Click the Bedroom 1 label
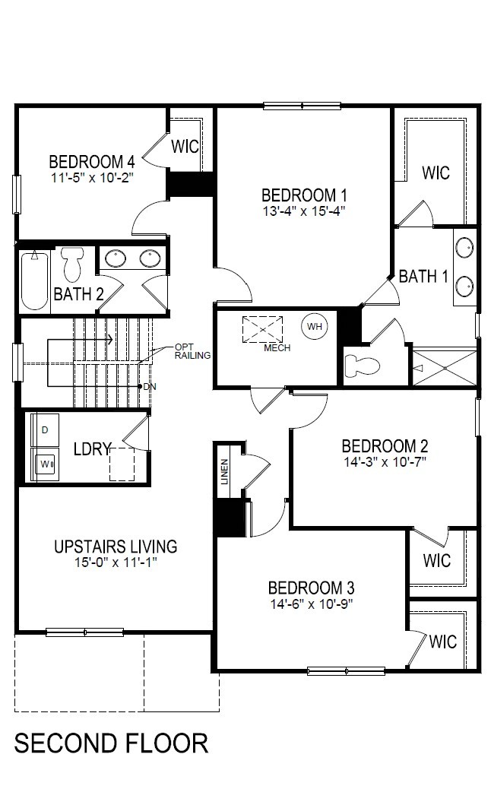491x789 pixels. click(x=304, y=195)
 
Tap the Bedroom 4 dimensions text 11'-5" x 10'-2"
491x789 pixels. click(x=92, y=178)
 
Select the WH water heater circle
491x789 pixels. click(x=315, y=327)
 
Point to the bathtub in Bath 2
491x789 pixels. click(x=35, y=280)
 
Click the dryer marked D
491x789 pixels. click(x=46, y=430)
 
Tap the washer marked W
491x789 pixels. click(x=46, y=464)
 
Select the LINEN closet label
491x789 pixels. click(x=224, y=471)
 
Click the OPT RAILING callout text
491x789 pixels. click(x=192, y=351)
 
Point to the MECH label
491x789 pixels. click(x=277, y=347)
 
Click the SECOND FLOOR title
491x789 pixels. click(x=111, y=743)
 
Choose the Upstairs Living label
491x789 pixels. click(x=116, y=547)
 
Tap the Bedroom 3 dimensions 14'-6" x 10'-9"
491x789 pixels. click(x=312, y=604)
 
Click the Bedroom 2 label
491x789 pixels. click(x=385, y=446)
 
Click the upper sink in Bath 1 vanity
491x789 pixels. click(x=464, y=248)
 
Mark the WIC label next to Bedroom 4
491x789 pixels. click(x=185, y=147)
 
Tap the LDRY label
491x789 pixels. click(x=92, y=448)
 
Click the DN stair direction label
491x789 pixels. click(x=150, y=386)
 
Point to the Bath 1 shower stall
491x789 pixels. click(x=444, y=368)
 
